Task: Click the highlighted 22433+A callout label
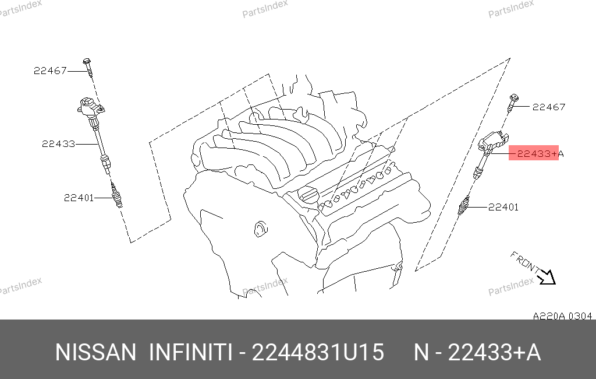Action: click(x=540, y=153)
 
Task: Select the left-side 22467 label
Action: click(x=50, y=71)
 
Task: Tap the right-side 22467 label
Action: click(x=549, y=107)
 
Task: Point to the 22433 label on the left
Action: click(x=59, y=144)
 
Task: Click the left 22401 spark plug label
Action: click(x=79, y=198)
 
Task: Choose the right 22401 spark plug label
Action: click(x=503, y=207)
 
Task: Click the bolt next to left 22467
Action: click(x=88, y=68)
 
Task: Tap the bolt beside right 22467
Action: click(x=512, y=103)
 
